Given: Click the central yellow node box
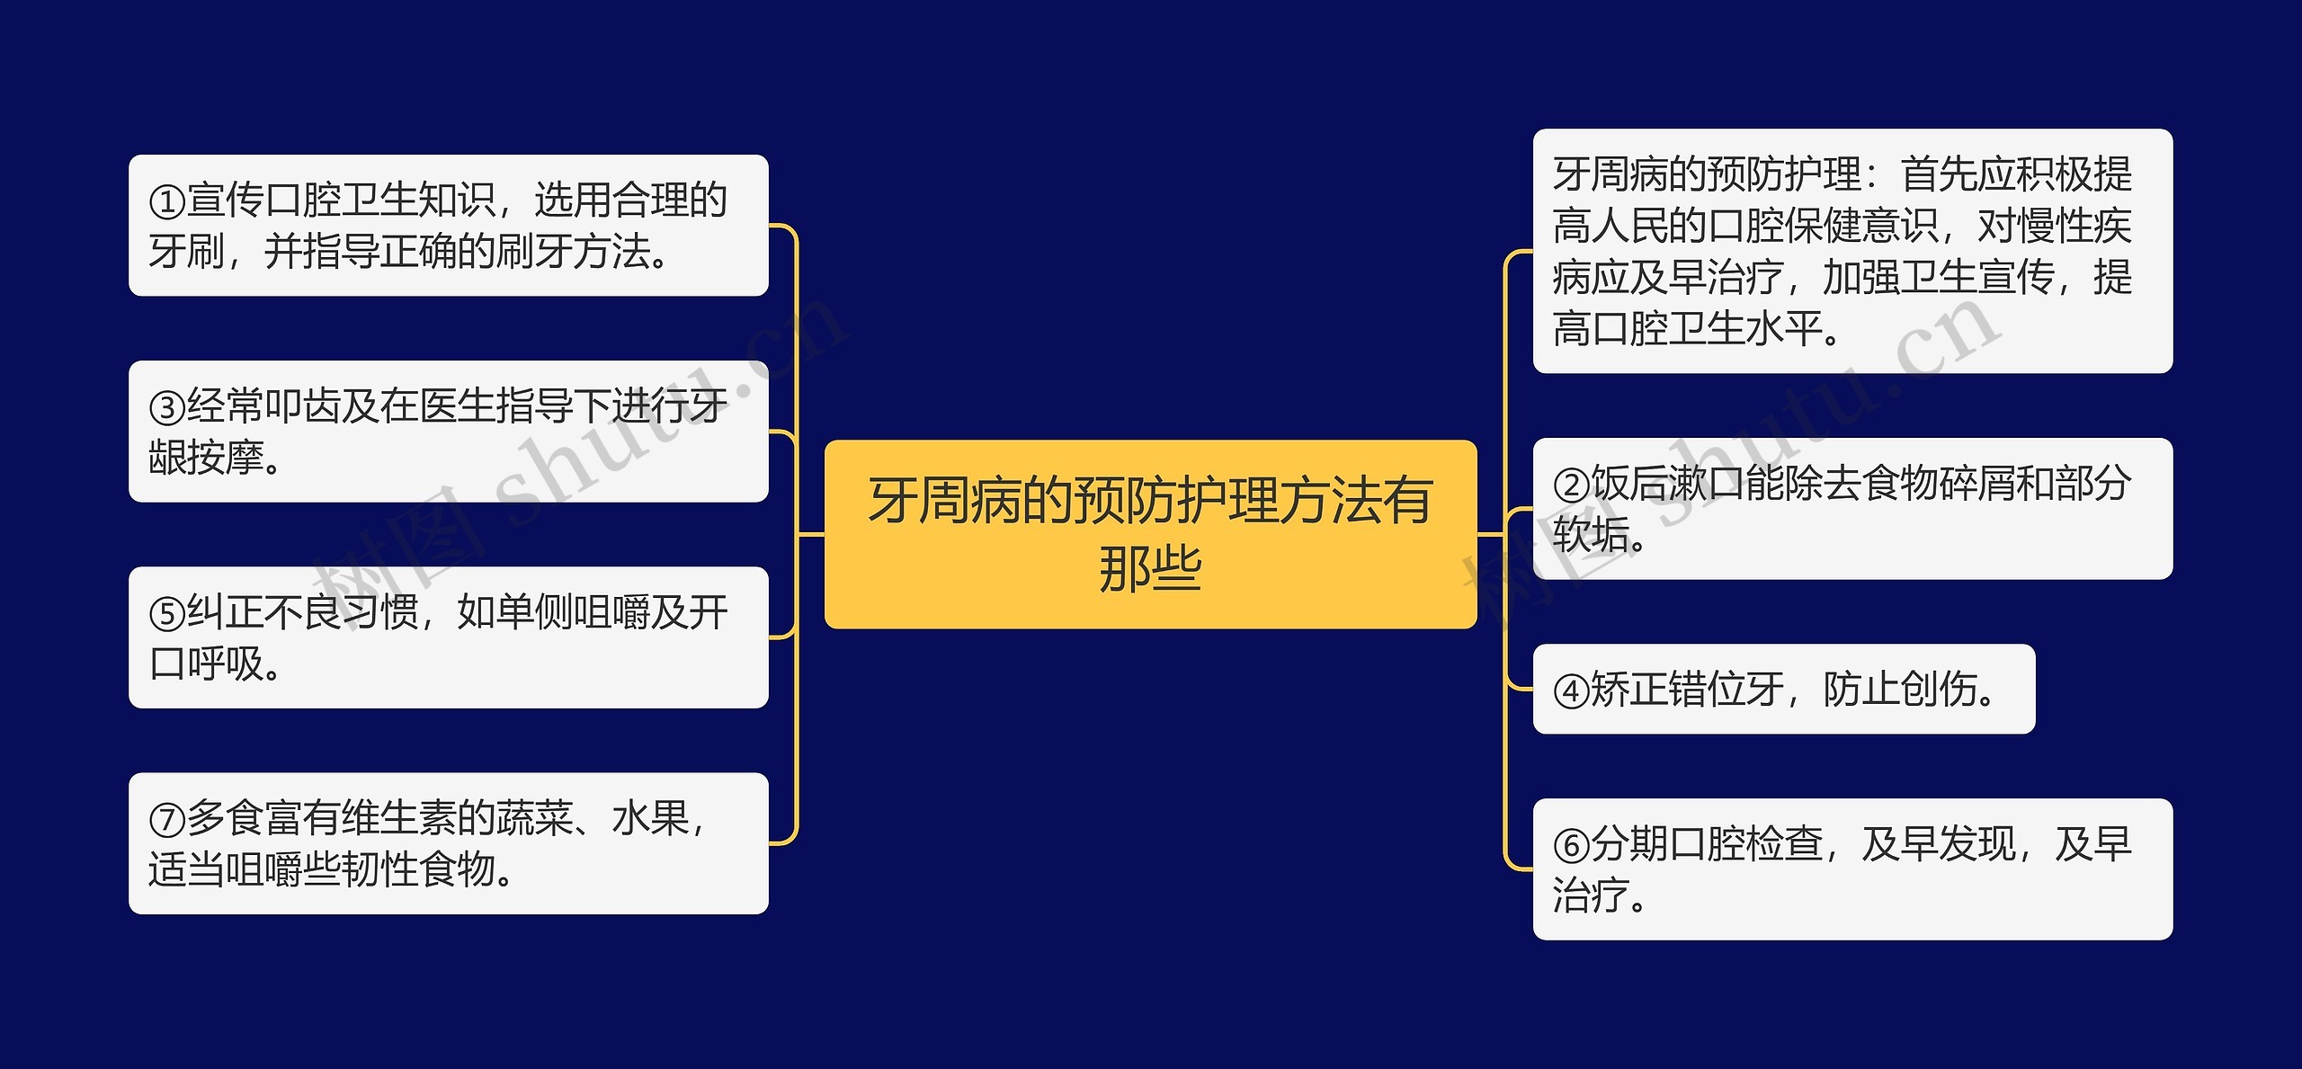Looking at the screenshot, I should [x=1150, y=534].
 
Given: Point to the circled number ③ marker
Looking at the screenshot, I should [x=167, y=408].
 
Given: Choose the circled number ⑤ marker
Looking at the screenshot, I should [x=167, y=614].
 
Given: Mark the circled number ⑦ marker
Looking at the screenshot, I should [x=167, y=820].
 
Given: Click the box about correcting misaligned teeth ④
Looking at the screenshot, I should [x=1783, y=689].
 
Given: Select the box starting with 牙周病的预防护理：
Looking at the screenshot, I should [x=1852, y=251].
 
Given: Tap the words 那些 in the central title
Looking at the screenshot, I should [x=1150, y=569].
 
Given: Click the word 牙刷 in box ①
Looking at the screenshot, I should [x=187, y=252].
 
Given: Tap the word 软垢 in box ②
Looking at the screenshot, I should [x=1592, y=535].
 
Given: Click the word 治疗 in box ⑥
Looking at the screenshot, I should [x=1592, y=896].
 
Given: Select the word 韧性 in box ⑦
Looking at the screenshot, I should [x=380, y=869].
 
